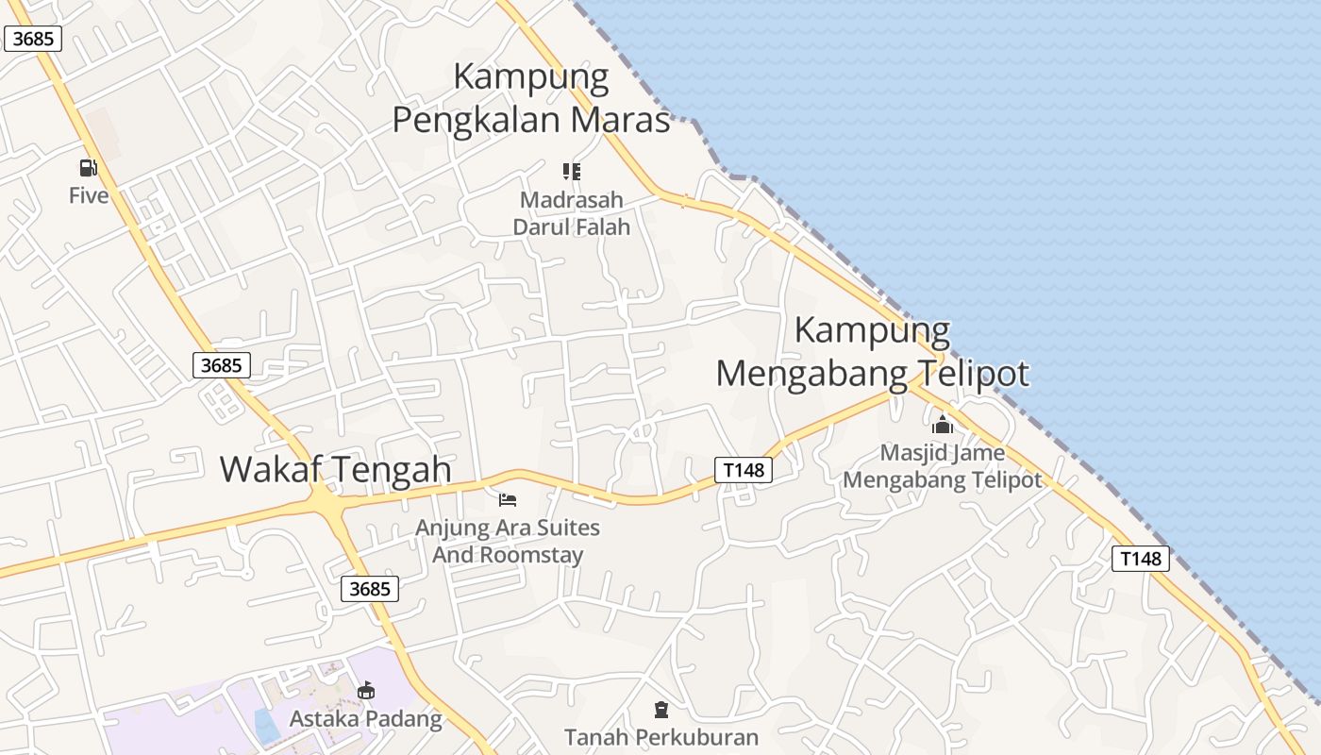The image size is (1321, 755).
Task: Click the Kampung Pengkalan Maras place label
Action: click(x=531, y=98)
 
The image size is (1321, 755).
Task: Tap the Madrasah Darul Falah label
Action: click(x=572, y=213)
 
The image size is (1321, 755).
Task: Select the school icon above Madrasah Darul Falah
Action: click(x=572, y=171)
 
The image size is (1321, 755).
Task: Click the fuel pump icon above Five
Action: click(x=88, y=168)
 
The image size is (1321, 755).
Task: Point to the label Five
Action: click(x=89, y=195)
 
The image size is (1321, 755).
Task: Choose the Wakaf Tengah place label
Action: click(x=335, y=469)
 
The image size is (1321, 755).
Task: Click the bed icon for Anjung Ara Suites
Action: click(x=508, y=499)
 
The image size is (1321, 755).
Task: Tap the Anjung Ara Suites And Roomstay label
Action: click(x=508, y=541)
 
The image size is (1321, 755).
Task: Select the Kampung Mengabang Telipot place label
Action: click(x=872, y=352)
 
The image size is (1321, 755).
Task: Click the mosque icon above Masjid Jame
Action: click(x=942, y=425)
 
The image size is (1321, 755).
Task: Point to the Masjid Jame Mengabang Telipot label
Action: click(x=942, y=466)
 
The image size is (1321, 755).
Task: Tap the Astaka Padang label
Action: click(x=365, y=719)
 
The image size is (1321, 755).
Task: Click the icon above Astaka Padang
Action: click(x=365, y=691)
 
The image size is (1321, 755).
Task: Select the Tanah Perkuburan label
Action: click(x=661, y=736)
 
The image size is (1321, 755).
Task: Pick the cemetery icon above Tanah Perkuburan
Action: click(x=661, y=709)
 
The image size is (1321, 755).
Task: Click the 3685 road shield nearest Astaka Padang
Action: click(x=370, y=589)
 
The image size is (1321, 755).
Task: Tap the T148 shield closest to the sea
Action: click(x=1140, y=558)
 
